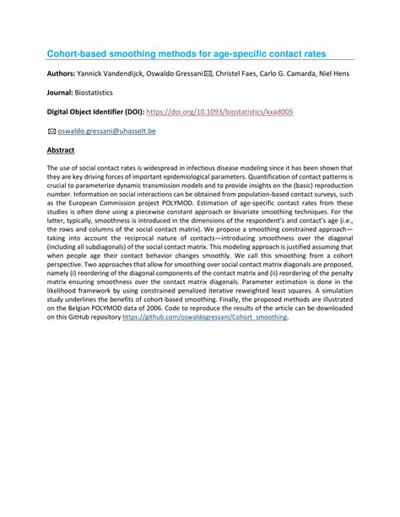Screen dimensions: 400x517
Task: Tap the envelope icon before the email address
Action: point(51,131)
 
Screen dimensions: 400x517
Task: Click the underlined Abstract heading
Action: point(61,150)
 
